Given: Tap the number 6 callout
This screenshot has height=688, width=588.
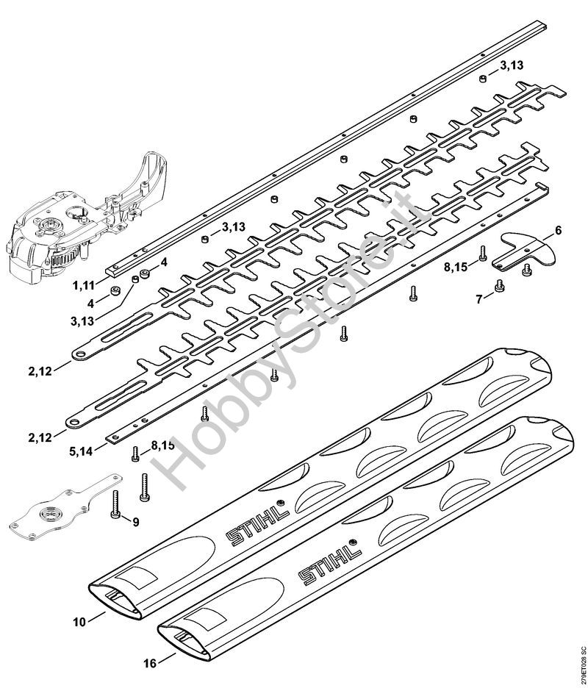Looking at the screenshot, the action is pos(559,231).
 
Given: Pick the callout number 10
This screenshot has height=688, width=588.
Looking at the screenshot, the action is pos(79,621).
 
